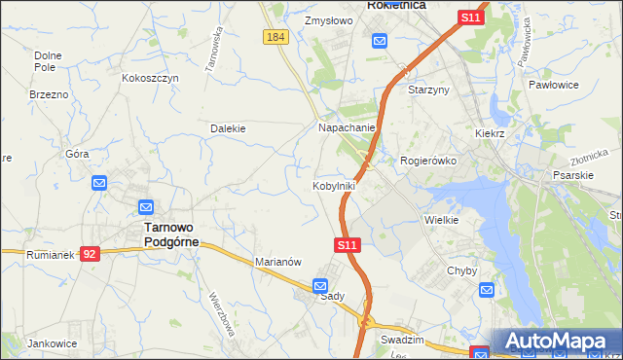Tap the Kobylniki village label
(x=333, y=185)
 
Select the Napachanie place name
(x=347, y=127)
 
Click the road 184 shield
(x=275, y=37)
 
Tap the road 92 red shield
(x=90, y=254)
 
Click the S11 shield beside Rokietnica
(x=471, y=18)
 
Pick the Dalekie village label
(x=228, y=127)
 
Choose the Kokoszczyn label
(x=150, y=77)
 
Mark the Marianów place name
(x=279, y=262)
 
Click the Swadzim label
(x=402, y=341)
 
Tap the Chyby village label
(x=459, y=270)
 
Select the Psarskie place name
(x=572, y=176)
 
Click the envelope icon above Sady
(x=320, y=285)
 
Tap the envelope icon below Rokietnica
(x=379, y=41)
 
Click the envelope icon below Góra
(x=99, y=182)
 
